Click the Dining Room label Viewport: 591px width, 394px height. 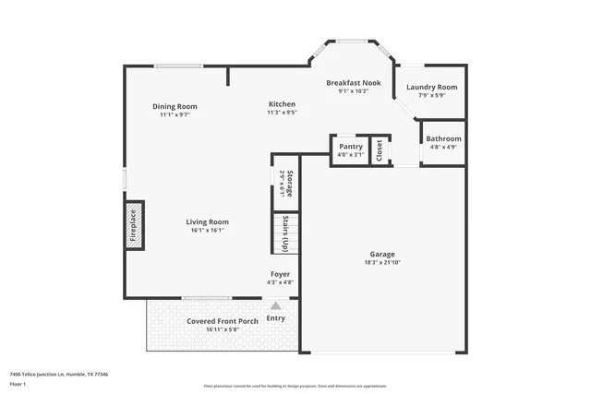click(175, 107)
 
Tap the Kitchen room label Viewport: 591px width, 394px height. click(282, 103)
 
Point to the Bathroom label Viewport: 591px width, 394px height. click(443, 139)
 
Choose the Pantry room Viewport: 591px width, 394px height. click(351, 146)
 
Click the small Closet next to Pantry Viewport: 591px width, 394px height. click(380, 149)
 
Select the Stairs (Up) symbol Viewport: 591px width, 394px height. click(285, 233)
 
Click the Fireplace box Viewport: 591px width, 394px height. click(133, 225)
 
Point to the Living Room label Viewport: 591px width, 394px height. click(207, 221)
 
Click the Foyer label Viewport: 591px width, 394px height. click(280, 274)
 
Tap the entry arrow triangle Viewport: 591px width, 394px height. click(275, 305)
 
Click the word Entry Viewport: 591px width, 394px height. click(276, 318)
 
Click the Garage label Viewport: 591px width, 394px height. click(382, 254)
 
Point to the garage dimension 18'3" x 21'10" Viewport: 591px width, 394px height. click(382, 263)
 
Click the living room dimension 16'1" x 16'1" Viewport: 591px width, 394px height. click(207, 231)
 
